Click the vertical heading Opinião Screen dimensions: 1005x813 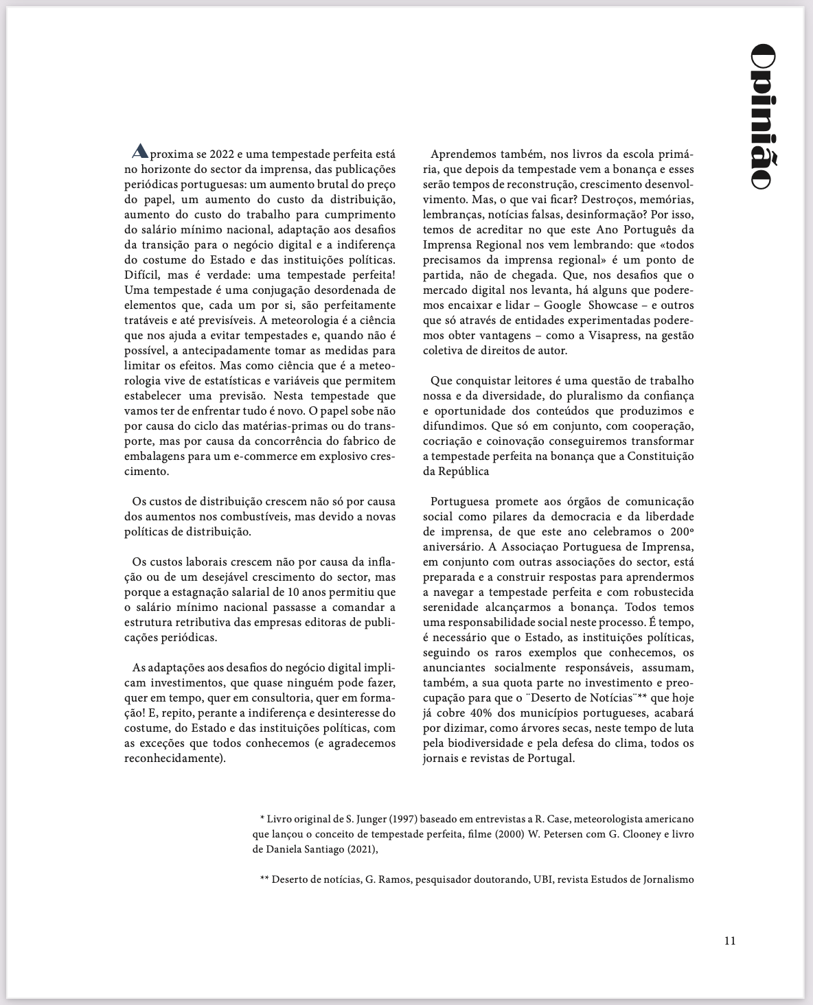click(762, 116)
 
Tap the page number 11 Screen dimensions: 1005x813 click(729, 940)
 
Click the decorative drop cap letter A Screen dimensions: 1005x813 click(139, 151)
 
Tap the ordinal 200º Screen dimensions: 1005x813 click(680, 531)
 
